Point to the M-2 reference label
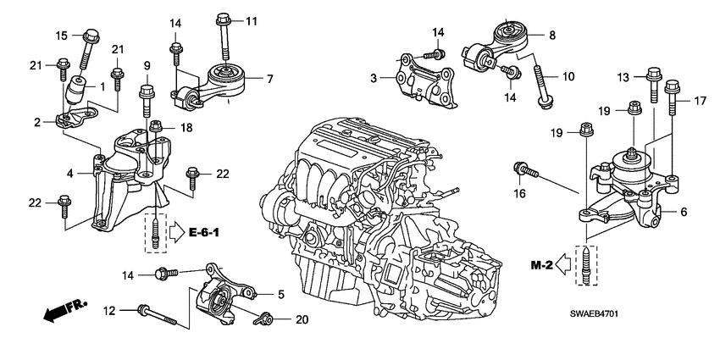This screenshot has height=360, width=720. click(x=541, y=266)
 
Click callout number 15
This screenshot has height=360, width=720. click(x=61, y=35)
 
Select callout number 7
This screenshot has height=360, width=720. click(x=269, y=79)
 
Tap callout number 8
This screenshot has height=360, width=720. click(x=552, y=35)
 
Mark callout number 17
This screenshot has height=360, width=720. click(x=700, y=101)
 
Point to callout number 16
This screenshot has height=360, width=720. click(x=519, y=193)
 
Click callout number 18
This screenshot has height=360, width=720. click(x=186, y=127)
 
